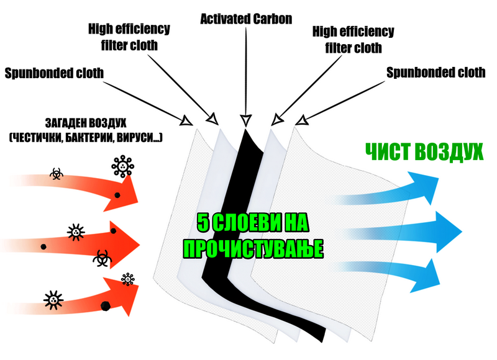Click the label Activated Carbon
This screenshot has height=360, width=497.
(246, 19)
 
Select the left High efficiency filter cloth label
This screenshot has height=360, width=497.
(129, 37)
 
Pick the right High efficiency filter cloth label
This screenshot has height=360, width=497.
(353, 38)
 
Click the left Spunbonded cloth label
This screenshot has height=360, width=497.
(54, 73)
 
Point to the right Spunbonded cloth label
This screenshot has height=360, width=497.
(435, 73)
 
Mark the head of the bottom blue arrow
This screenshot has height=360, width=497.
(427, 273)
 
